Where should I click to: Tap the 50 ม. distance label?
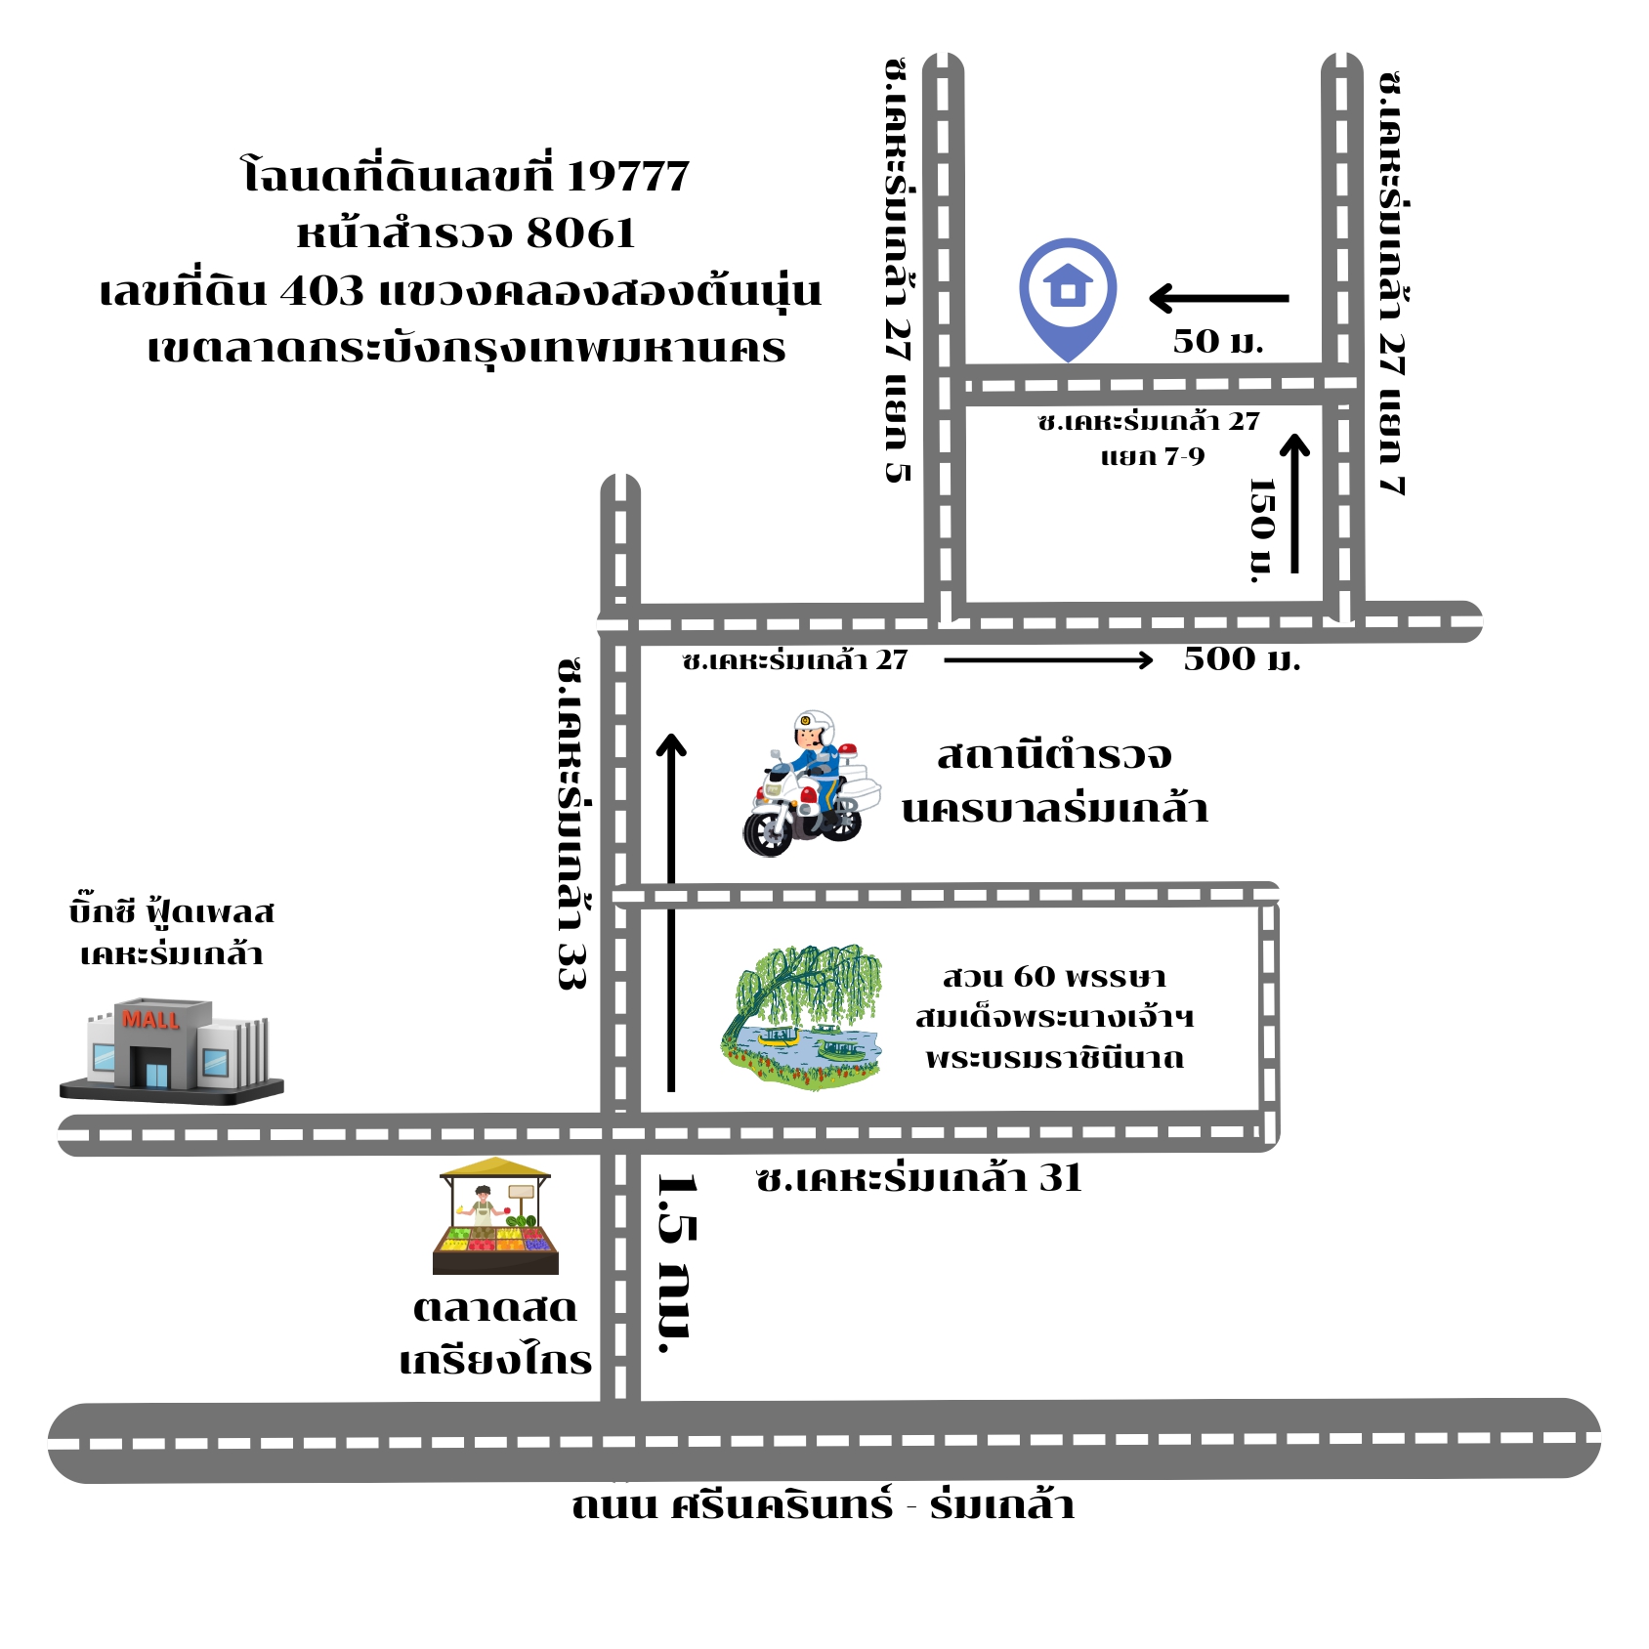pos(1218,341)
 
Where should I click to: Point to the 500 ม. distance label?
pos(1242,659)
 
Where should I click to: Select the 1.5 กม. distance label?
pos(678,1263)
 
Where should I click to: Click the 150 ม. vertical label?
pos(1263,530)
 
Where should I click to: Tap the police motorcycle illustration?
pos(811,783)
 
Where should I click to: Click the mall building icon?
pos(172,1051)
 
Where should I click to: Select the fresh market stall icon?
pos(496,1216)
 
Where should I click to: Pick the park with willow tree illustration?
pos(802,1017)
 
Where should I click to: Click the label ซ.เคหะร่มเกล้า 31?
pos(919,1178)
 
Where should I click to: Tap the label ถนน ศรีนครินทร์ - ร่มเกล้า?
pos(823,1505)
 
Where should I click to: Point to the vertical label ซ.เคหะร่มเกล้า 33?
pos(571,824)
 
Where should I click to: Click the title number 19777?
pos(628,176)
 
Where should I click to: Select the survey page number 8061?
pos(581,233)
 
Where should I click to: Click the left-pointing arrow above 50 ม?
pos(1219,298)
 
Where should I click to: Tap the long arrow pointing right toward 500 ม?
pos(1049,660)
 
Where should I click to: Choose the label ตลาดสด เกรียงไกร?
pos(496,1333)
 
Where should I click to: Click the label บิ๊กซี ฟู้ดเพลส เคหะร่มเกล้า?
pos(172,932)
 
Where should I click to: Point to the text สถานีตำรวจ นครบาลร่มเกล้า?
pos(1055,782)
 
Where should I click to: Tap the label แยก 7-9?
pos(1153,457)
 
